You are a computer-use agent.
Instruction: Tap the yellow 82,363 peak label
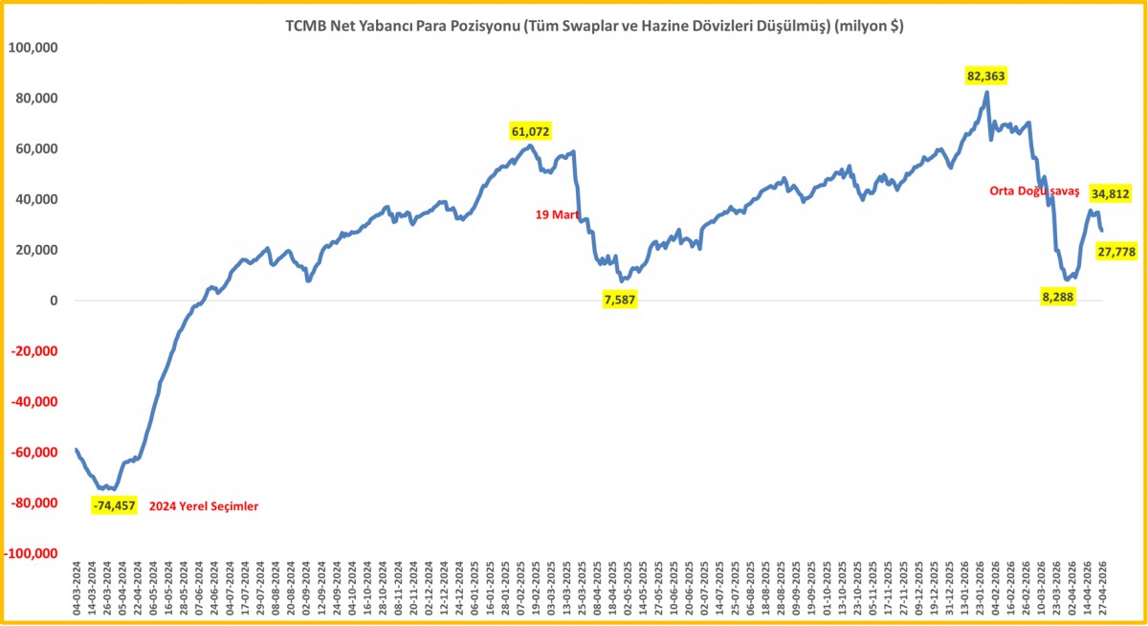click(x=986, y=76)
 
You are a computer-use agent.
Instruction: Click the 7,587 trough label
click(x=620, y=301)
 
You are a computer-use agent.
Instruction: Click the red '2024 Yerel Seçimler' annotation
click(x=205, y=506)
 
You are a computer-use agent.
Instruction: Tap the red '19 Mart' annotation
click(x=558, y=215)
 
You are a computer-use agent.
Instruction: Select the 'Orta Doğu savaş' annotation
click(x=1033, y=192)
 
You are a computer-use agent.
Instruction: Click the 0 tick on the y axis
click(x=55, y=302)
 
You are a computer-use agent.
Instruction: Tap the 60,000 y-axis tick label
click(x=36, y=149)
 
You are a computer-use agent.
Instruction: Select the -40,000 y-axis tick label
click(x=34, y=402)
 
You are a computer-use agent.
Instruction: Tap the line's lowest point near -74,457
click(x=108, y=489)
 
